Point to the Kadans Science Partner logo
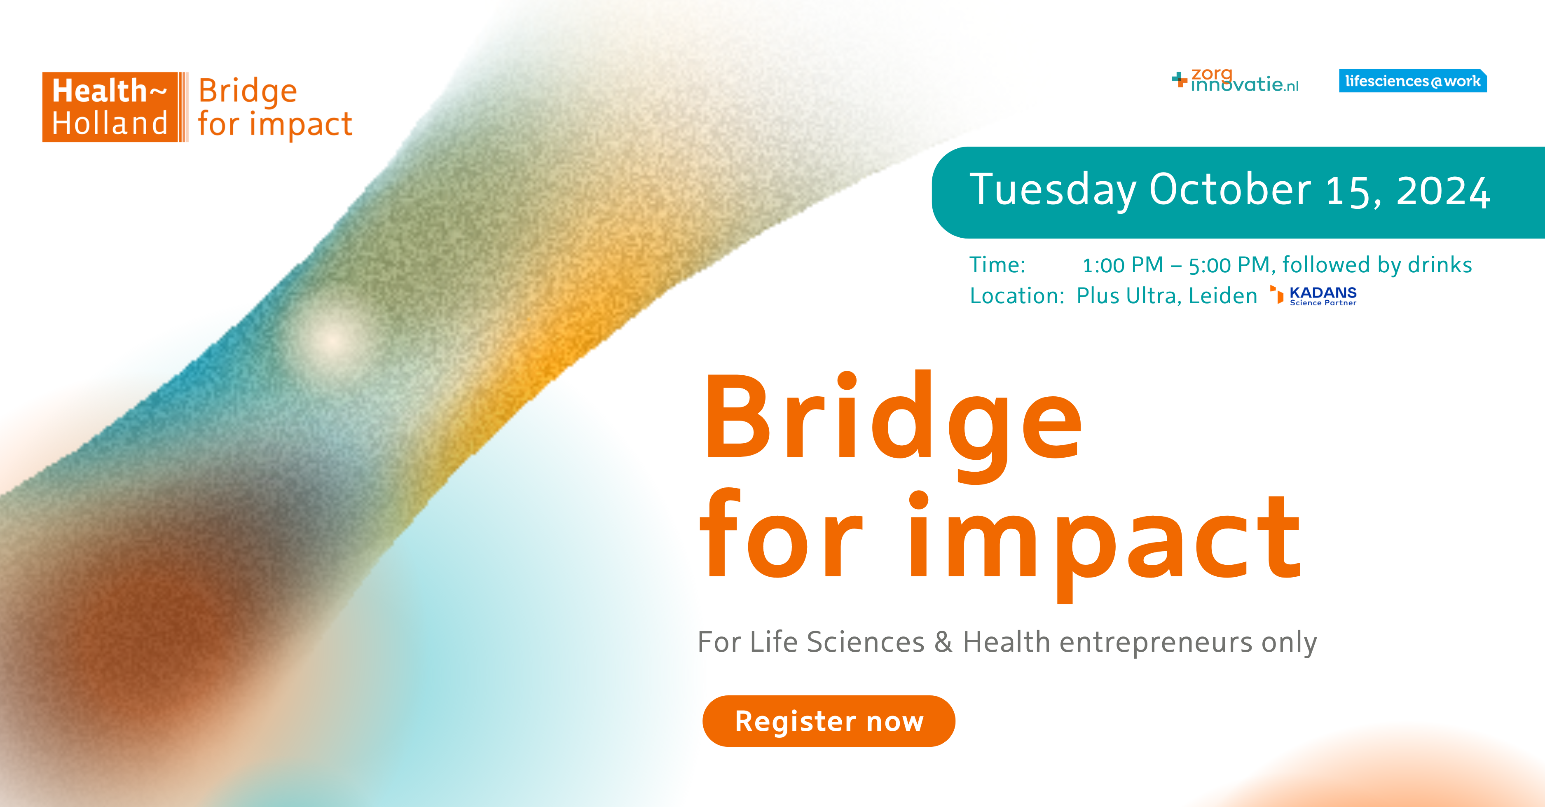1315,296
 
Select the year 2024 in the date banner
1443,192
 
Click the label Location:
1016,296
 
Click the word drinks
1440,265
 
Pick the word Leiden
1223,296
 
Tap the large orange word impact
1104,540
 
